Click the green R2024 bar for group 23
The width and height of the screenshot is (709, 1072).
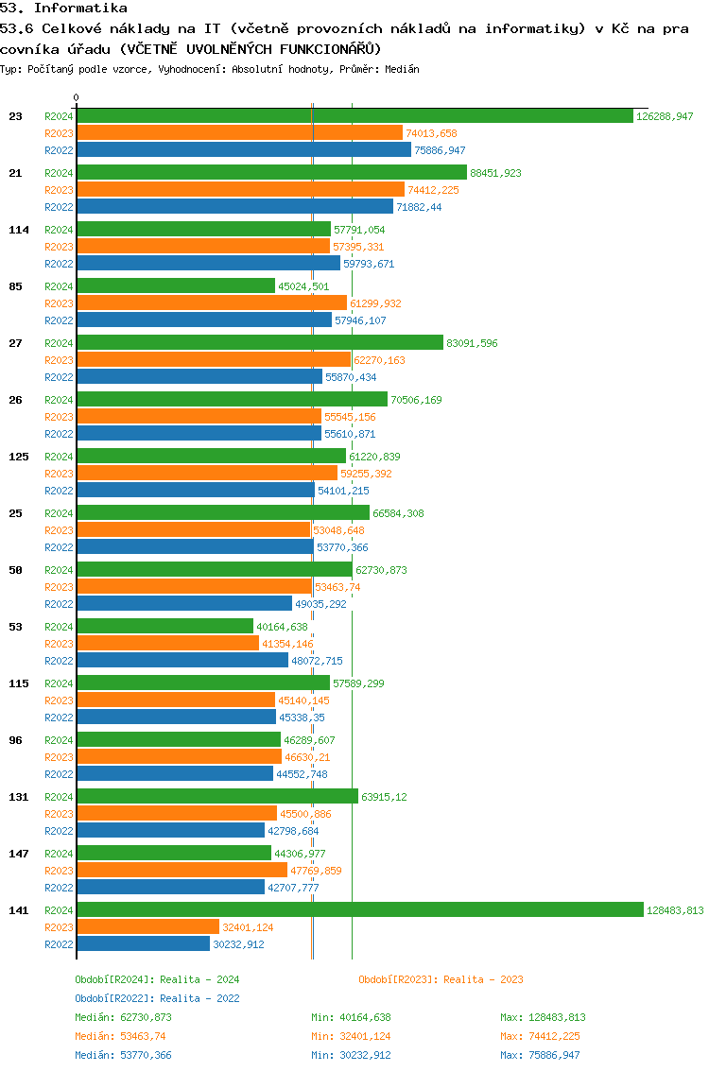tap(354, 116)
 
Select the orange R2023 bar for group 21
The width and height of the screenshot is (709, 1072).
tap(240, 190)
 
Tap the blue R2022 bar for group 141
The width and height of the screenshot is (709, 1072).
tap(143, 943)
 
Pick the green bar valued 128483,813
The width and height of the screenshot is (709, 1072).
tap(359, 909)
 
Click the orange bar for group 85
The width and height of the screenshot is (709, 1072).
tap(212, 303)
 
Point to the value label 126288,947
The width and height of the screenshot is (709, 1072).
tap(666, 116)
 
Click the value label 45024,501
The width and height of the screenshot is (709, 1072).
tap(303, 286)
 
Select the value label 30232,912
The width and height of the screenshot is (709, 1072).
tap(238, 944)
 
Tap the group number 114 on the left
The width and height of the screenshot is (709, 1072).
tap(18, 230)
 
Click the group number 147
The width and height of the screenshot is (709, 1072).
tap(18, 854)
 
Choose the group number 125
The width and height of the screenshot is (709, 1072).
tap(18, 457)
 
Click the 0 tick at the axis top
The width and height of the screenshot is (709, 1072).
tap(77, 97)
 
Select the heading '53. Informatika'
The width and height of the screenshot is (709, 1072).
tap(63, 9)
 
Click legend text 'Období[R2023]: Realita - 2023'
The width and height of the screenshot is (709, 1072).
tap(441, 979)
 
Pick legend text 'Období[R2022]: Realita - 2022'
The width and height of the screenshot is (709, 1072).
tap(157, 998)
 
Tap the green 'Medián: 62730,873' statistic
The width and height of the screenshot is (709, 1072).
tap(123, 1017)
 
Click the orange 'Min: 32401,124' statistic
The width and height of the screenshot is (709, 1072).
tap(351, 1036)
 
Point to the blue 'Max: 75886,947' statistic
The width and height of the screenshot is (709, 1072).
tap(540, 1055)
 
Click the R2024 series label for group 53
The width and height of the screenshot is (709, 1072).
tap(59, 627)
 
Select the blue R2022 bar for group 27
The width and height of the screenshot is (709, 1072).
tap(199, 376)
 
